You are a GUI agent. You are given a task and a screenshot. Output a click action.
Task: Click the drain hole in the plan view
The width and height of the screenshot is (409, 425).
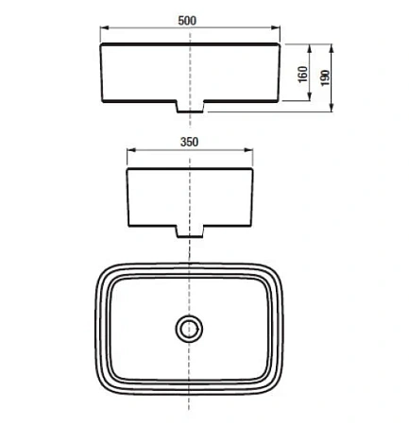pos(190,329)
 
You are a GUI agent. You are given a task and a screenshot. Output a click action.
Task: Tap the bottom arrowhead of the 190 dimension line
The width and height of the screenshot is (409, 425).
pos(332,110)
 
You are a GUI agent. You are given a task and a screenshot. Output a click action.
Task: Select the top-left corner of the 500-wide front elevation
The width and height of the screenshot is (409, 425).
pos(101,44)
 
